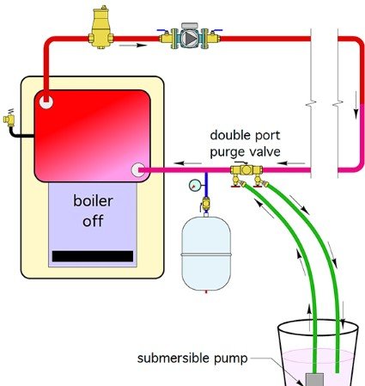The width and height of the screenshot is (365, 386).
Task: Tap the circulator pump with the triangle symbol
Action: point(189,38)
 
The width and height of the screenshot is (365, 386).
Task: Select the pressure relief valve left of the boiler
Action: point(9,118)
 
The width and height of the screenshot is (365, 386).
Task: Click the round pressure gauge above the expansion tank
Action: point(194,185)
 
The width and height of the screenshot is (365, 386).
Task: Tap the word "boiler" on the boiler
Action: point(93,200)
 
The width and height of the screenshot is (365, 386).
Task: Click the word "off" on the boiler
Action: point(93,221)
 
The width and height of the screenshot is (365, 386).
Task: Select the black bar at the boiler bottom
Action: point(93,256)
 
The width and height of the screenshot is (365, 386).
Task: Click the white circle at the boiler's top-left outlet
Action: point(46,101)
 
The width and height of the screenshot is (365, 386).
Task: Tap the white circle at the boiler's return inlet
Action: point(138,170)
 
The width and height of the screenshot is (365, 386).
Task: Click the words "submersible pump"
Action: point(192,358)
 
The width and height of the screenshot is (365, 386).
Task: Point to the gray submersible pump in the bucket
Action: point(315,379)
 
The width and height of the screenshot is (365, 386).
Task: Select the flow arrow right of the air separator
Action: point(133,46)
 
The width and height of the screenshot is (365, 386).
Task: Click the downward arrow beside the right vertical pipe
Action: point(356,105)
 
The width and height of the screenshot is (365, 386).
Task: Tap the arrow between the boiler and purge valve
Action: point(187,163)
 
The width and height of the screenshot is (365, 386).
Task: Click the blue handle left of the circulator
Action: point(162,30)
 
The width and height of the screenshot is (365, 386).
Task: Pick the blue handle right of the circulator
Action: point(216,30)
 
